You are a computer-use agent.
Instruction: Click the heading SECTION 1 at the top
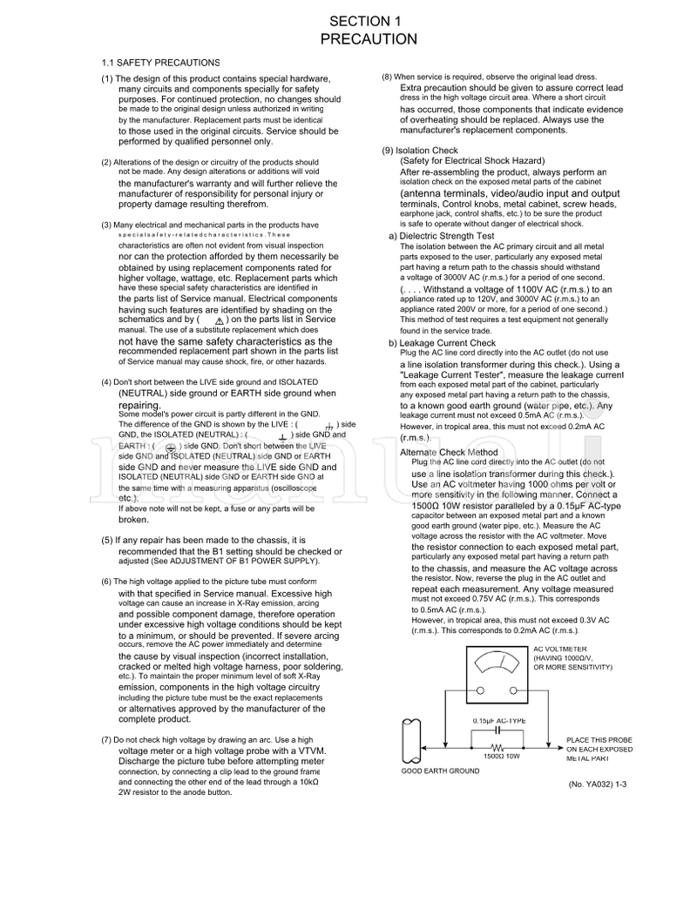pos(369,21)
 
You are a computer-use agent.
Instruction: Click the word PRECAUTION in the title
pos(369,39)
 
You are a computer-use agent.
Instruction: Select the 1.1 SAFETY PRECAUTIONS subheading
pos(160,64)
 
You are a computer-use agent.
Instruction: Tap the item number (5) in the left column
pos(107,540)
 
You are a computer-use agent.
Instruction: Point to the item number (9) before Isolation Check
pos(388,151)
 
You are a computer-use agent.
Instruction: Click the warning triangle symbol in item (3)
pos(219,320)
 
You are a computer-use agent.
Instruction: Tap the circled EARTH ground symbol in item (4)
pos(170,447)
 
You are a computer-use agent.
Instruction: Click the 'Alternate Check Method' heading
pos(449,453)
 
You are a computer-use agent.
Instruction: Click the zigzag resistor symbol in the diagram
pos(497,748)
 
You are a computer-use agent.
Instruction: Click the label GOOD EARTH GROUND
pos(440,771)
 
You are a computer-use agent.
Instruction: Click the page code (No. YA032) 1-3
pos(597,784)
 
